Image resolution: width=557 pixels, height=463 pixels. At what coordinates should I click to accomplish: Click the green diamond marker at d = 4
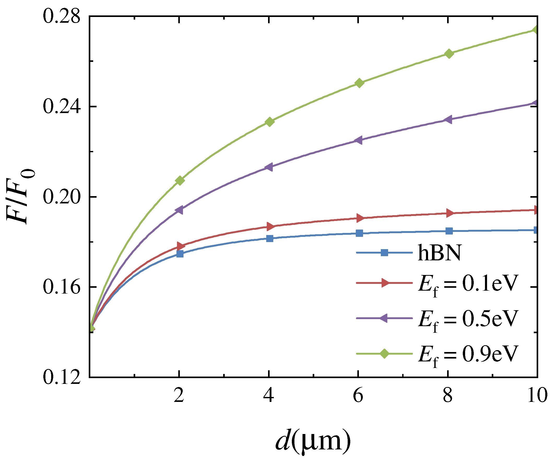click(269, 122)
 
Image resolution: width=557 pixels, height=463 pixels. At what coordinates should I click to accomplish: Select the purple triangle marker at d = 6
click(359, 140)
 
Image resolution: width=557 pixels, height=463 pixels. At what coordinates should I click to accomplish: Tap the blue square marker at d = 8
click(449, 231)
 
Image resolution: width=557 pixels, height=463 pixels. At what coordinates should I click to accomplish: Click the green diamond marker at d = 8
click(449, 54)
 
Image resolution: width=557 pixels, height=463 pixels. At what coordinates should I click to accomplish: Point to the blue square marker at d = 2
click(180, 254)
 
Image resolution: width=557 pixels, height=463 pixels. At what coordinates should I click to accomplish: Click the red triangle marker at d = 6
click(360, 218)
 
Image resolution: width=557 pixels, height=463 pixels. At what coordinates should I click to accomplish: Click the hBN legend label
click(440, 253)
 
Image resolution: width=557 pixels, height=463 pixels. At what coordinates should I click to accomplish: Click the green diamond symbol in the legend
click(384, 353)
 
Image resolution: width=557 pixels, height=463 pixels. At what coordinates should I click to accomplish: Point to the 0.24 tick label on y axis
click(61, 106)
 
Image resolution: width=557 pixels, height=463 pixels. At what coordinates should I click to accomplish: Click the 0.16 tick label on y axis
click(61, 287)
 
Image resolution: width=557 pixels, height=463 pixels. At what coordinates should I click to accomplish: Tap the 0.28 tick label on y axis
click(61, 16)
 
